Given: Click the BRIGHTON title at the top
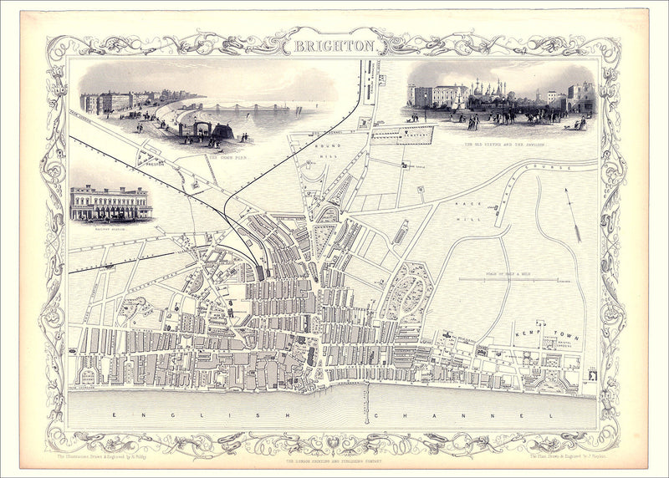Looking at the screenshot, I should point(334,46).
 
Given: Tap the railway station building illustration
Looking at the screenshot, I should point(110,203).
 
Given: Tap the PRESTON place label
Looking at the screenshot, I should point(151,164).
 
